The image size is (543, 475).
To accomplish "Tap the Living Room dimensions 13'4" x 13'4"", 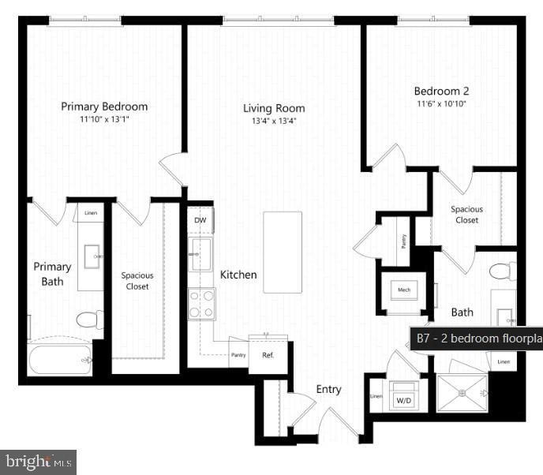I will pyautogui.click(x=273, y=121).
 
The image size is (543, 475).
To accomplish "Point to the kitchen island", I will pyautogui.click(x=283, y=252).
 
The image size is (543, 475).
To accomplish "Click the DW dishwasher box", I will pyautogui.click(x=200, y=220).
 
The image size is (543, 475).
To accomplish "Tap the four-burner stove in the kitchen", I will pyautogui.click(x=201, y=304).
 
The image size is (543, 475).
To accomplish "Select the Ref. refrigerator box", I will pyautogui.click(x=268, y=354).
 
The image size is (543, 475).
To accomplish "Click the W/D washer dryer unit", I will pyautogui.click(x=404, y=400).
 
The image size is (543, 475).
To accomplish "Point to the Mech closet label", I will pyautogui.click(x=404, y=290).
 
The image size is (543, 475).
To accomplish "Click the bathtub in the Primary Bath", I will pyautogui.click(x=60, y=360).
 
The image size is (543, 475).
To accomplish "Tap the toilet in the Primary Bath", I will pyautogui.click(x=89, y=320).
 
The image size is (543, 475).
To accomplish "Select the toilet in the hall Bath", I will pyautogui.click(x=502, y=271).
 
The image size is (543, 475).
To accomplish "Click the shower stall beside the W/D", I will pyautogui.click(x=462, y=392).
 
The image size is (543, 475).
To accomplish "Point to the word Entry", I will pyautogui.click(x=328, y=389).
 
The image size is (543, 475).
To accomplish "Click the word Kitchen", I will pyautogui.click(x=238, y=275).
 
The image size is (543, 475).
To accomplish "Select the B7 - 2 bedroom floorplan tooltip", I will pyautogui.click(x=477, y=338).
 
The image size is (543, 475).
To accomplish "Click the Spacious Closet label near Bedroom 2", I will pyautogui.click(x=466, y=215).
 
